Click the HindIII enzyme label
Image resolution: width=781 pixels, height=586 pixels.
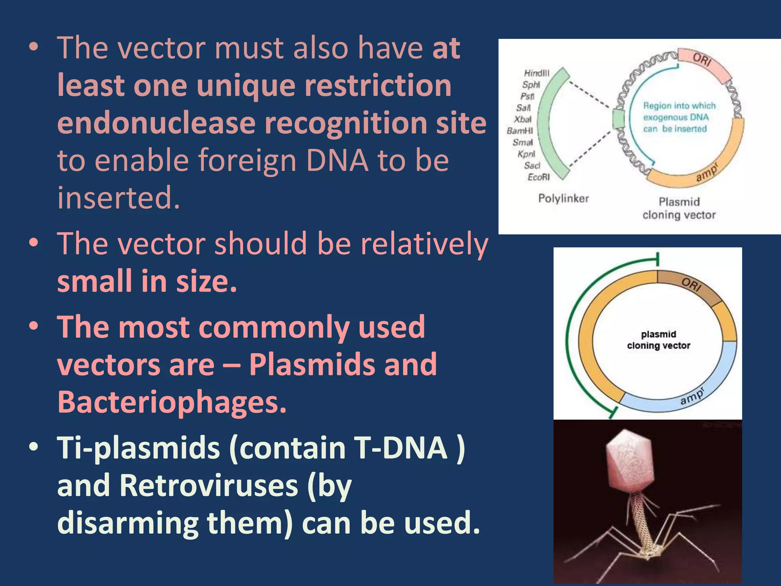point(537,73)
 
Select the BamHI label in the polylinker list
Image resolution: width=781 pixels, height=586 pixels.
point(520,131)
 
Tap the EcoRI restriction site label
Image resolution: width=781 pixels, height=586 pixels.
point(538,177)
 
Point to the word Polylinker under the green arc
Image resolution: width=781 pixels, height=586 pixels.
point(563,198)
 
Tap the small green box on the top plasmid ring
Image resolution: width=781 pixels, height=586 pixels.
point(618,119)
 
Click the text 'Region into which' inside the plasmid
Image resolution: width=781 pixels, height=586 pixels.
point(679,106)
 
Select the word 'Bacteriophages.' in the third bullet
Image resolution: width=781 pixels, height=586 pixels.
point(172,402)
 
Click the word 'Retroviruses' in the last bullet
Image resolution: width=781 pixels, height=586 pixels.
point(209,485)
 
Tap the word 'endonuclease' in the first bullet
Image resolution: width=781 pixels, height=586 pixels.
point(156,123)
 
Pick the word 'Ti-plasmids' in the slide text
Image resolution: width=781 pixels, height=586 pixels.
point(138,448)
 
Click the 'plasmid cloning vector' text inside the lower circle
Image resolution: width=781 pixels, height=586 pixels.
point(659,340)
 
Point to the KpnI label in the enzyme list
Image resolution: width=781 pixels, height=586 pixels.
point(526,154)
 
